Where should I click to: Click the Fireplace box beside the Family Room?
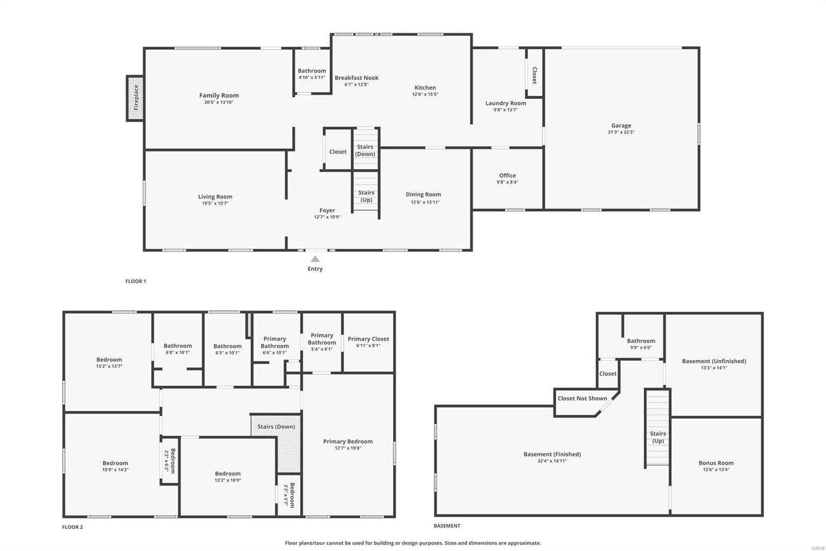click(135, 98)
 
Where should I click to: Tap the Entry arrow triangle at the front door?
click(315, 259)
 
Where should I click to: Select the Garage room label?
click(621, 126)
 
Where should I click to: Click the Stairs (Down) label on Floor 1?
click(366, 150)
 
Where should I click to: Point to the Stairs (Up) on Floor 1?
click(366, 196)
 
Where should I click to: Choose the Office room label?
click(507, 176)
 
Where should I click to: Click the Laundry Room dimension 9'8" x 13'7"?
click(505, 110)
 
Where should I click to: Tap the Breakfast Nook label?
click(356, 78)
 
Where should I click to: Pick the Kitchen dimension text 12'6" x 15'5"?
click(425, 95)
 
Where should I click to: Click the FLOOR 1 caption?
click(136, 281)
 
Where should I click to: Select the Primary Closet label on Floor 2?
click(368, 339)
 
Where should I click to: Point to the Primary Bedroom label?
click(347, 441)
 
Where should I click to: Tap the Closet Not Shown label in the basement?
click(582, 399)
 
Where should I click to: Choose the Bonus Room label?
click(716, 463)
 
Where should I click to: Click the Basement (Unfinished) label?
click(713, 361)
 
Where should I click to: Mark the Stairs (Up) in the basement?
click(657, 437)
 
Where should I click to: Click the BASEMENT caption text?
click(447, 526)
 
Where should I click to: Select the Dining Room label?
click(423, 195)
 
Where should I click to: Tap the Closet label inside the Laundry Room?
click(534, 75)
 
